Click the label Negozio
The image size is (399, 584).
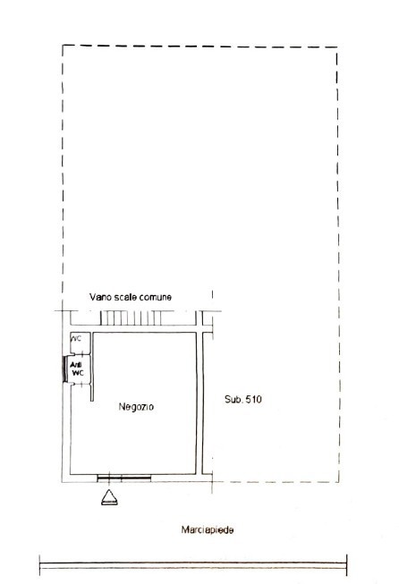click(136, 407)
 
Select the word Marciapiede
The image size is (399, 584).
click(207, 529)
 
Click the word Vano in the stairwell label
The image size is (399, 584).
click(100, 296)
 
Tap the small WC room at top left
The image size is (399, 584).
click(77, 339)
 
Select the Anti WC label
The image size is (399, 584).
click(77, 368)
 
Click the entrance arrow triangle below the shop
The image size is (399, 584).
click(108, 497)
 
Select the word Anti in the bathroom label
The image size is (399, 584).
click(77, 363)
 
